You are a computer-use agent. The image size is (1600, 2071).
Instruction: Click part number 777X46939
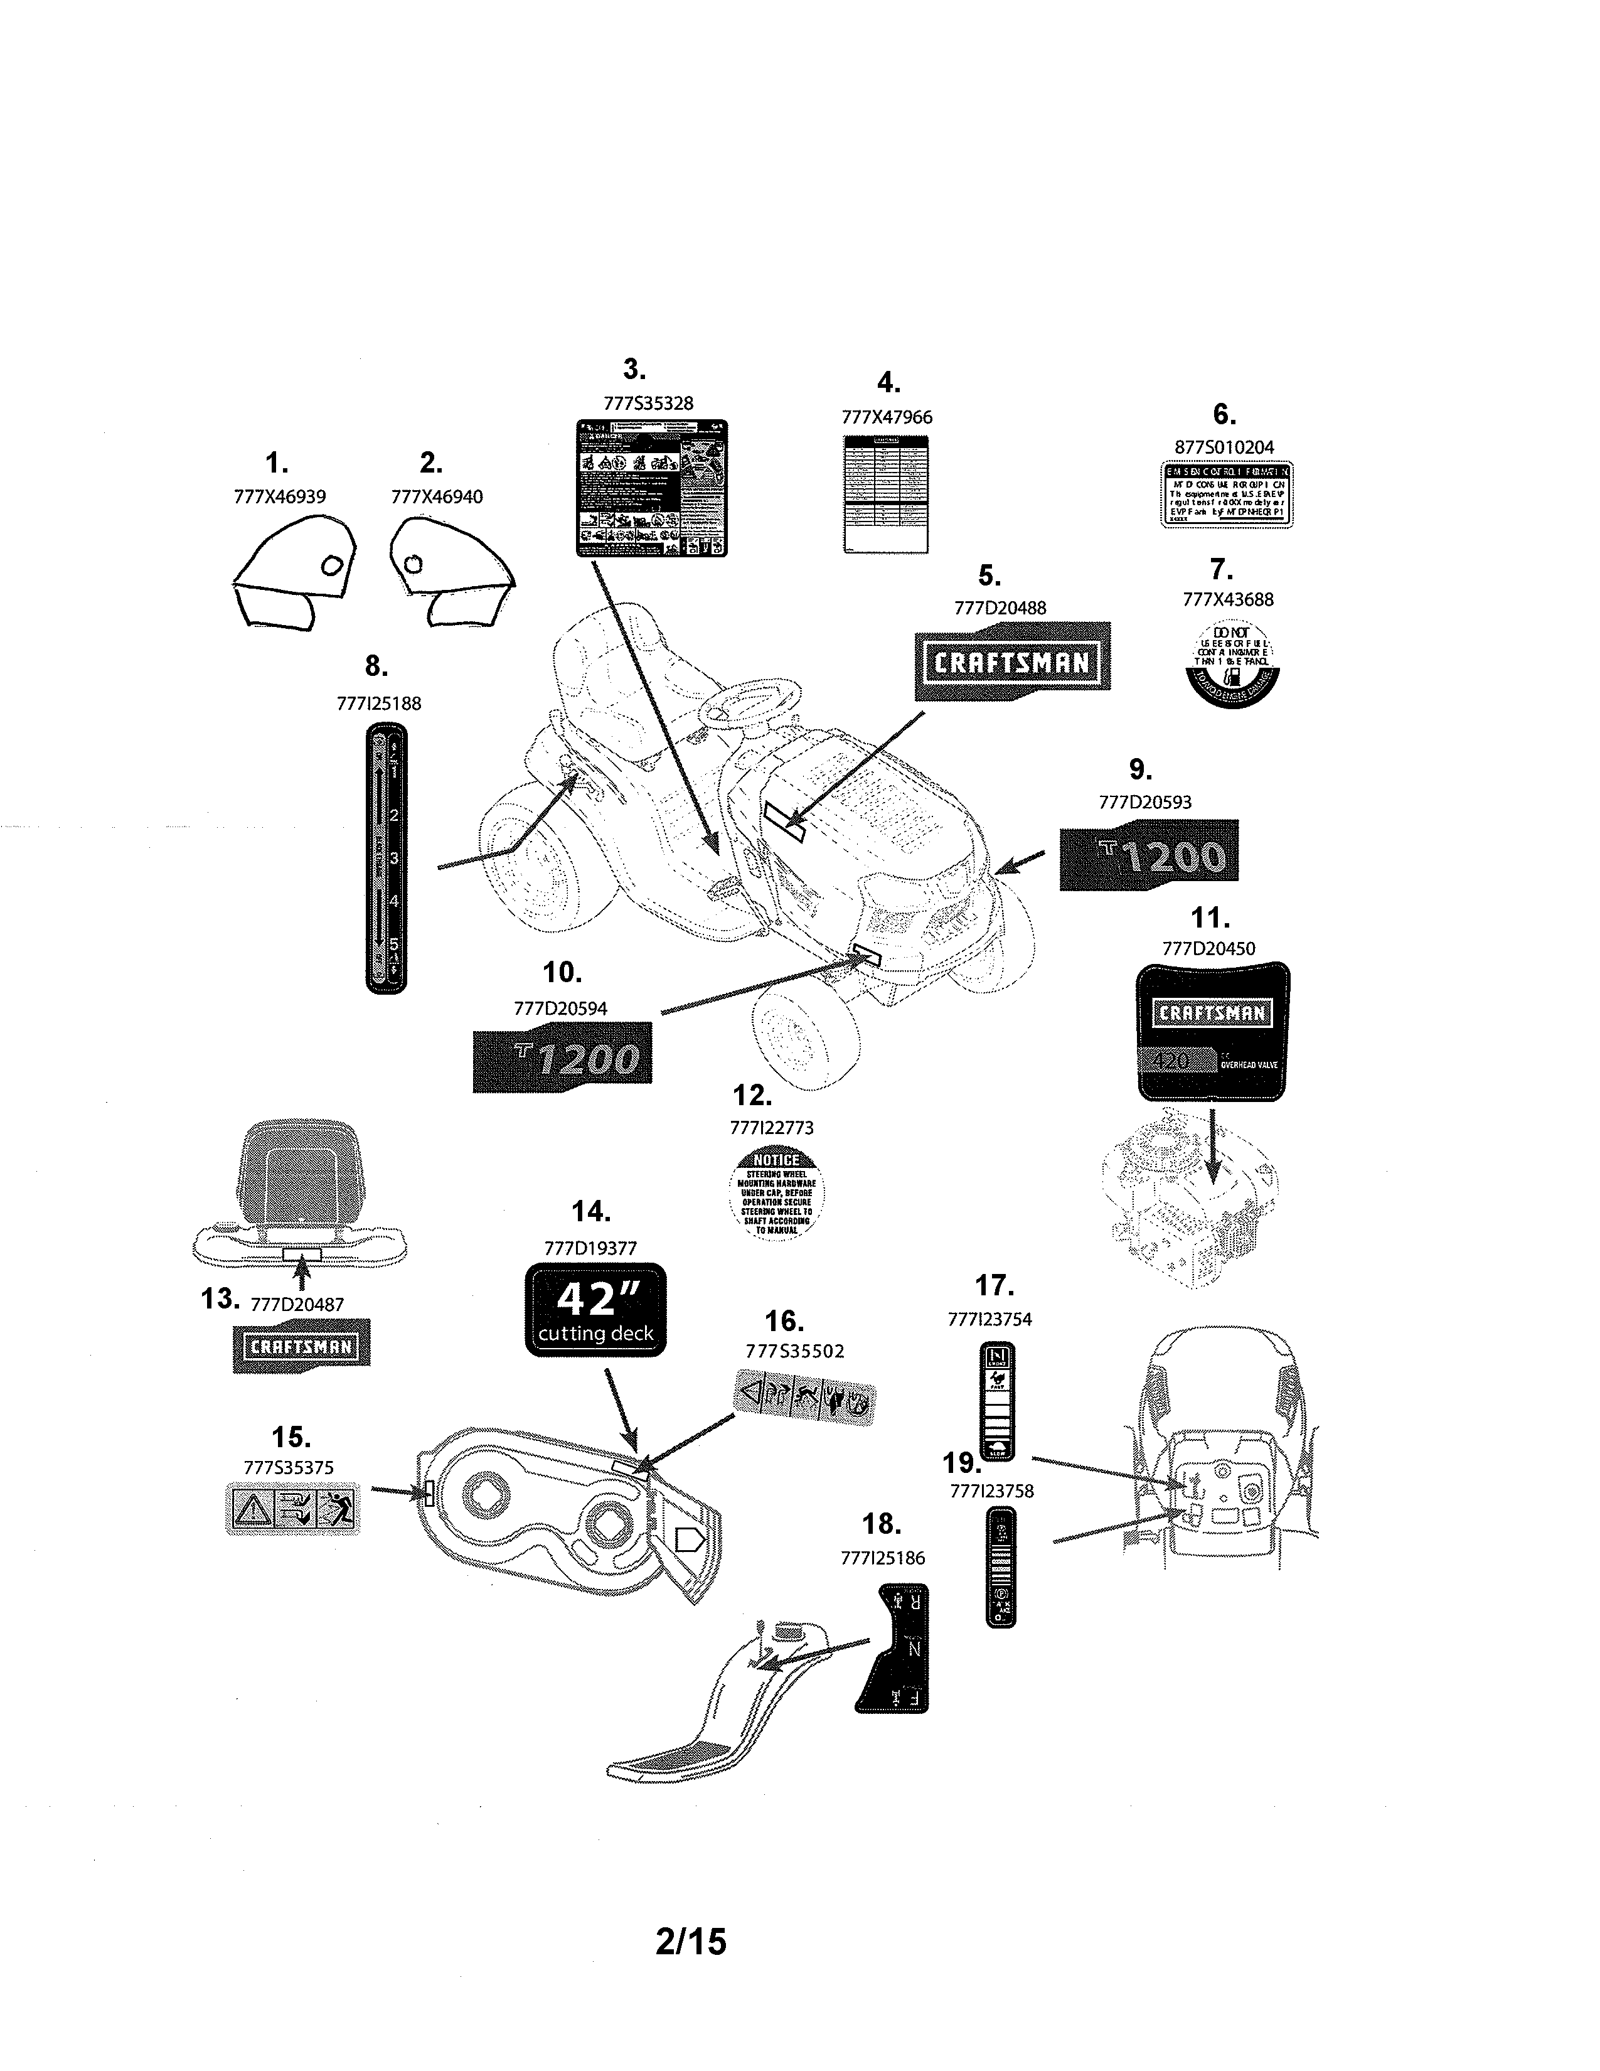280,496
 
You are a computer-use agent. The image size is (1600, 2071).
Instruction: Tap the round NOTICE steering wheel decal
776,1194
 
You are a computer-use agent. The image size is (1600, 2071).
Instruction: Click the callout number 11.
1210,918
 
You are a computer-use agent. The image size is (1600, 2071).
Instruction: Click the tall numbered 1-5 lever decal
386,858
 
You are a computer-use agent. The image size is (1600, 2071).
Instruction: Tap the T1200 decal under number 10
562,1057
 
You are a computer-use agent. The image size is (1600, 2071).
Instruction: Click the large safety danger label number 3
652,488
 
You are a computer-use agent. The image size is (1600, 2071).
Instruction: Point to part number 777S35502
794,1351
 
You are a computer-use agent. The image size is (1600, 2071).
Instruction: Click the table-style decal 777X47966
885,494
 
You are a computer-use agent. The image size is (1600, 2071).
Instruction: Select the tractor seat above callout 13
299,1176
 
